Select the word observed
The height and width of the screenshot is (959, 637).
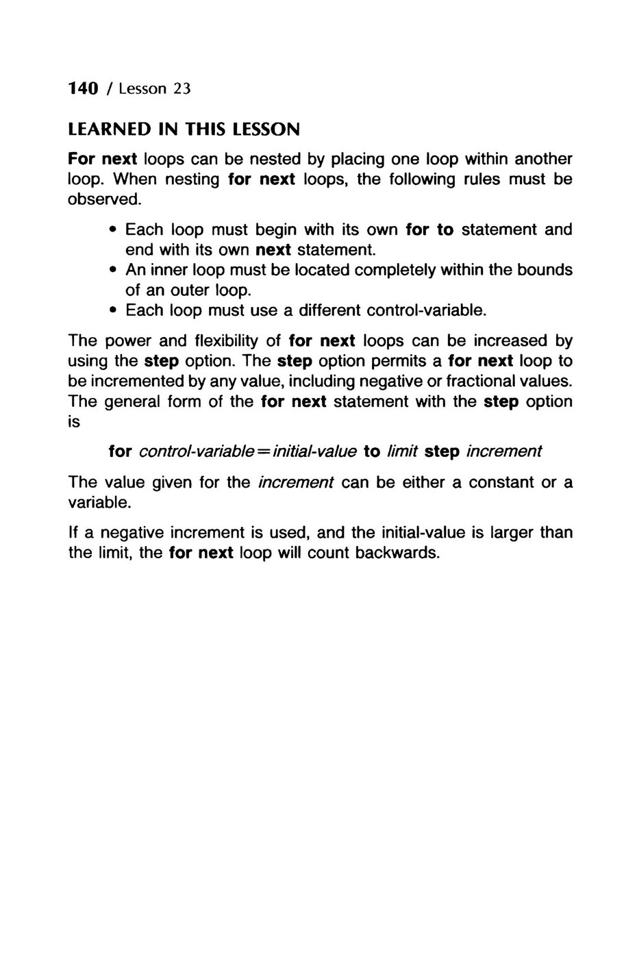click(103, 199)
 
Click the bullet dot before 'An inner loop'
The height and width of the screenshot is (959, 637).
click(112, 270)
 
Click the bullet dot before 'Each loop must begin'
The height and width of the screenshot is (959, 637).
click(112, 229)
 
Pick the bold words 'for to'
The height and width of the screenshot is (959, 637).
click(429, 229)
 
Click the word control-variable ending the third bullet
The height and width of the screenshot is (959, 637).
click(426, 310)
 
